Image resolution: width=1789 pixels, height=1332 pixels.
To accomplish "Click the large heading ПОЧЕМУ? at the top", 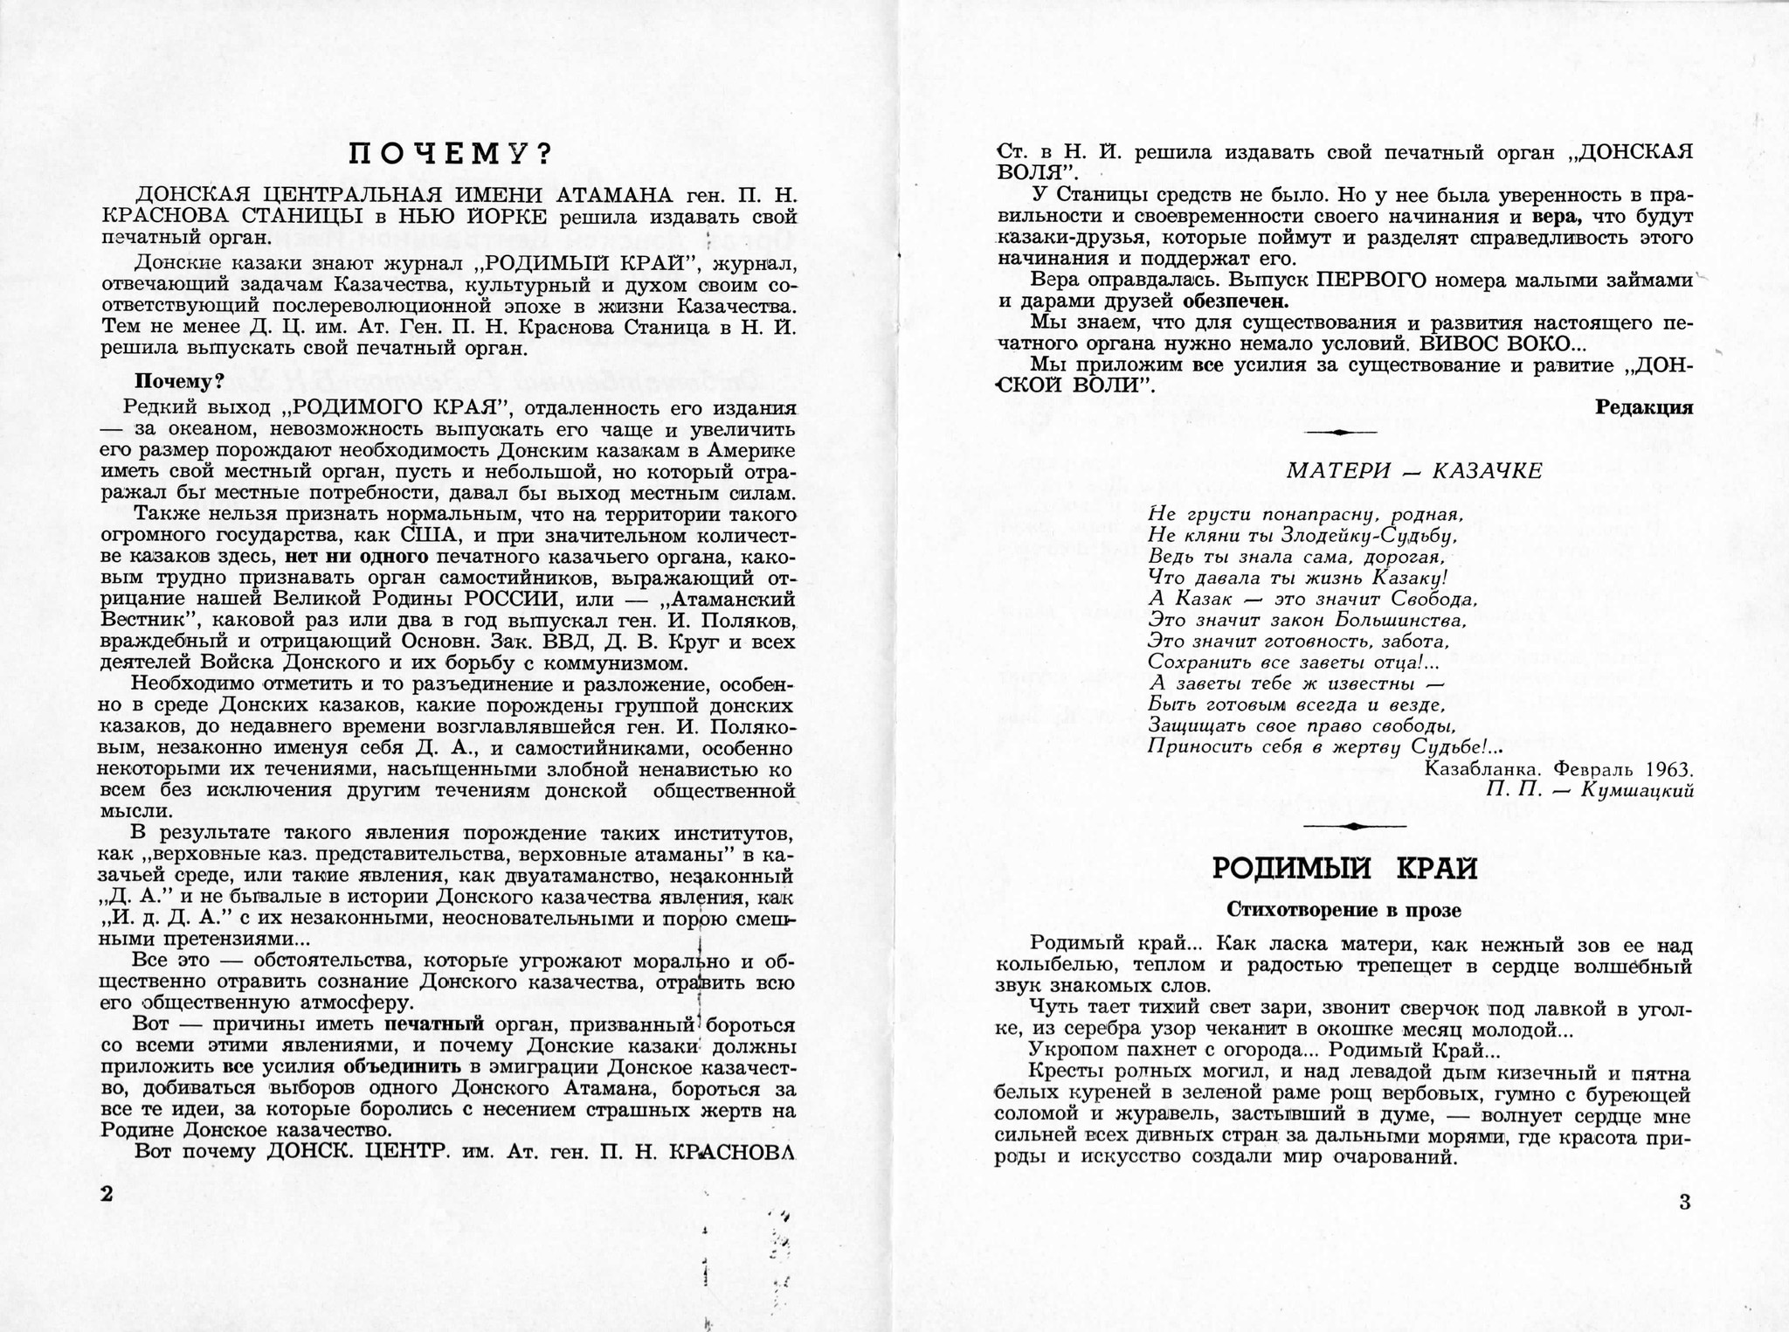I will point(449,155).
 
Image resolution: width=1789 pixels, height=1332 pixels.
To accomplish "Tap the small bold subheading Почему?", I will point(178,382).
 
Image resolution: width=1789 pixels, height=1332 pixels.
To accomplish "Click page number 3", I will point(1685,1202).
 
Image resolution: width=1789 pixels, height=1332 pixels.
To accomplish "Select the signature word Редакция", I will point(1644,407).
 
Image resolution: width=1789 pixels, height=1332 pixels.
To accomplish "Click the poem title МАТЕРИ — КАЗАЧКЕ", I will point(1414,471).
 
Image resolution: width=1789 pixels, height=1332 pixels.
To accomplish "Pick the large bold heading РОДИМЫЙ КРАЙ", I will point(1345,869).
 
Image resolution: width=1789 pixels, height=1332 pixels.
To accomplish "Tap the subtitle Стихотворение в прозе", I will point(1343,910).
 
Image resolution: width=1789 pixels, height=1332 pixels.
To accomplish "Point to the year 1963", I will point(1668,770).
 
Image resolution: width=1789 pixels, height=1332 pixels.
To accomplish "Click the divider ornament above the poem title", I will point(1341,433).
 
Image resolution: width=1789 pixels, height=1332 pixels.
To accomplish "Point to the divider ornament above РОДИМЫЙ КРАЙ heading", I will point(1353,826).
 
